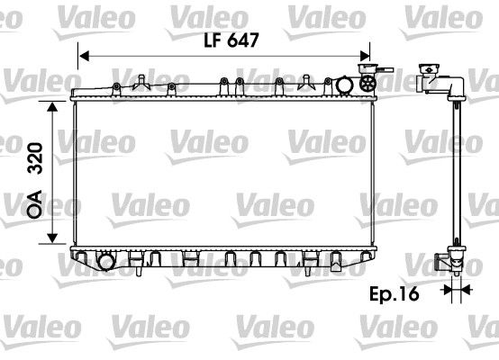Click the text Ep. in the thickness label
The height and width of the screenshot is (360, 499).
pos(382,292)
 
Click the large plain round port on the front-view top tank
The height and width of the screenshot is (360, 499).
pos(347,85)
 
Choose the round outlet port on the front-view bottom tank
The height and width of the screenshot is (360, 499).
pos(106,262)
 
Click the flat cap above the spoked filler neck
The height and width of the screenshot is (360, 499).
pos(367,67)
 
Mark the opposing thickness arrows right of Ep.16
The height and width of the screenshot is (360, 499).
pos(457,290)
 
